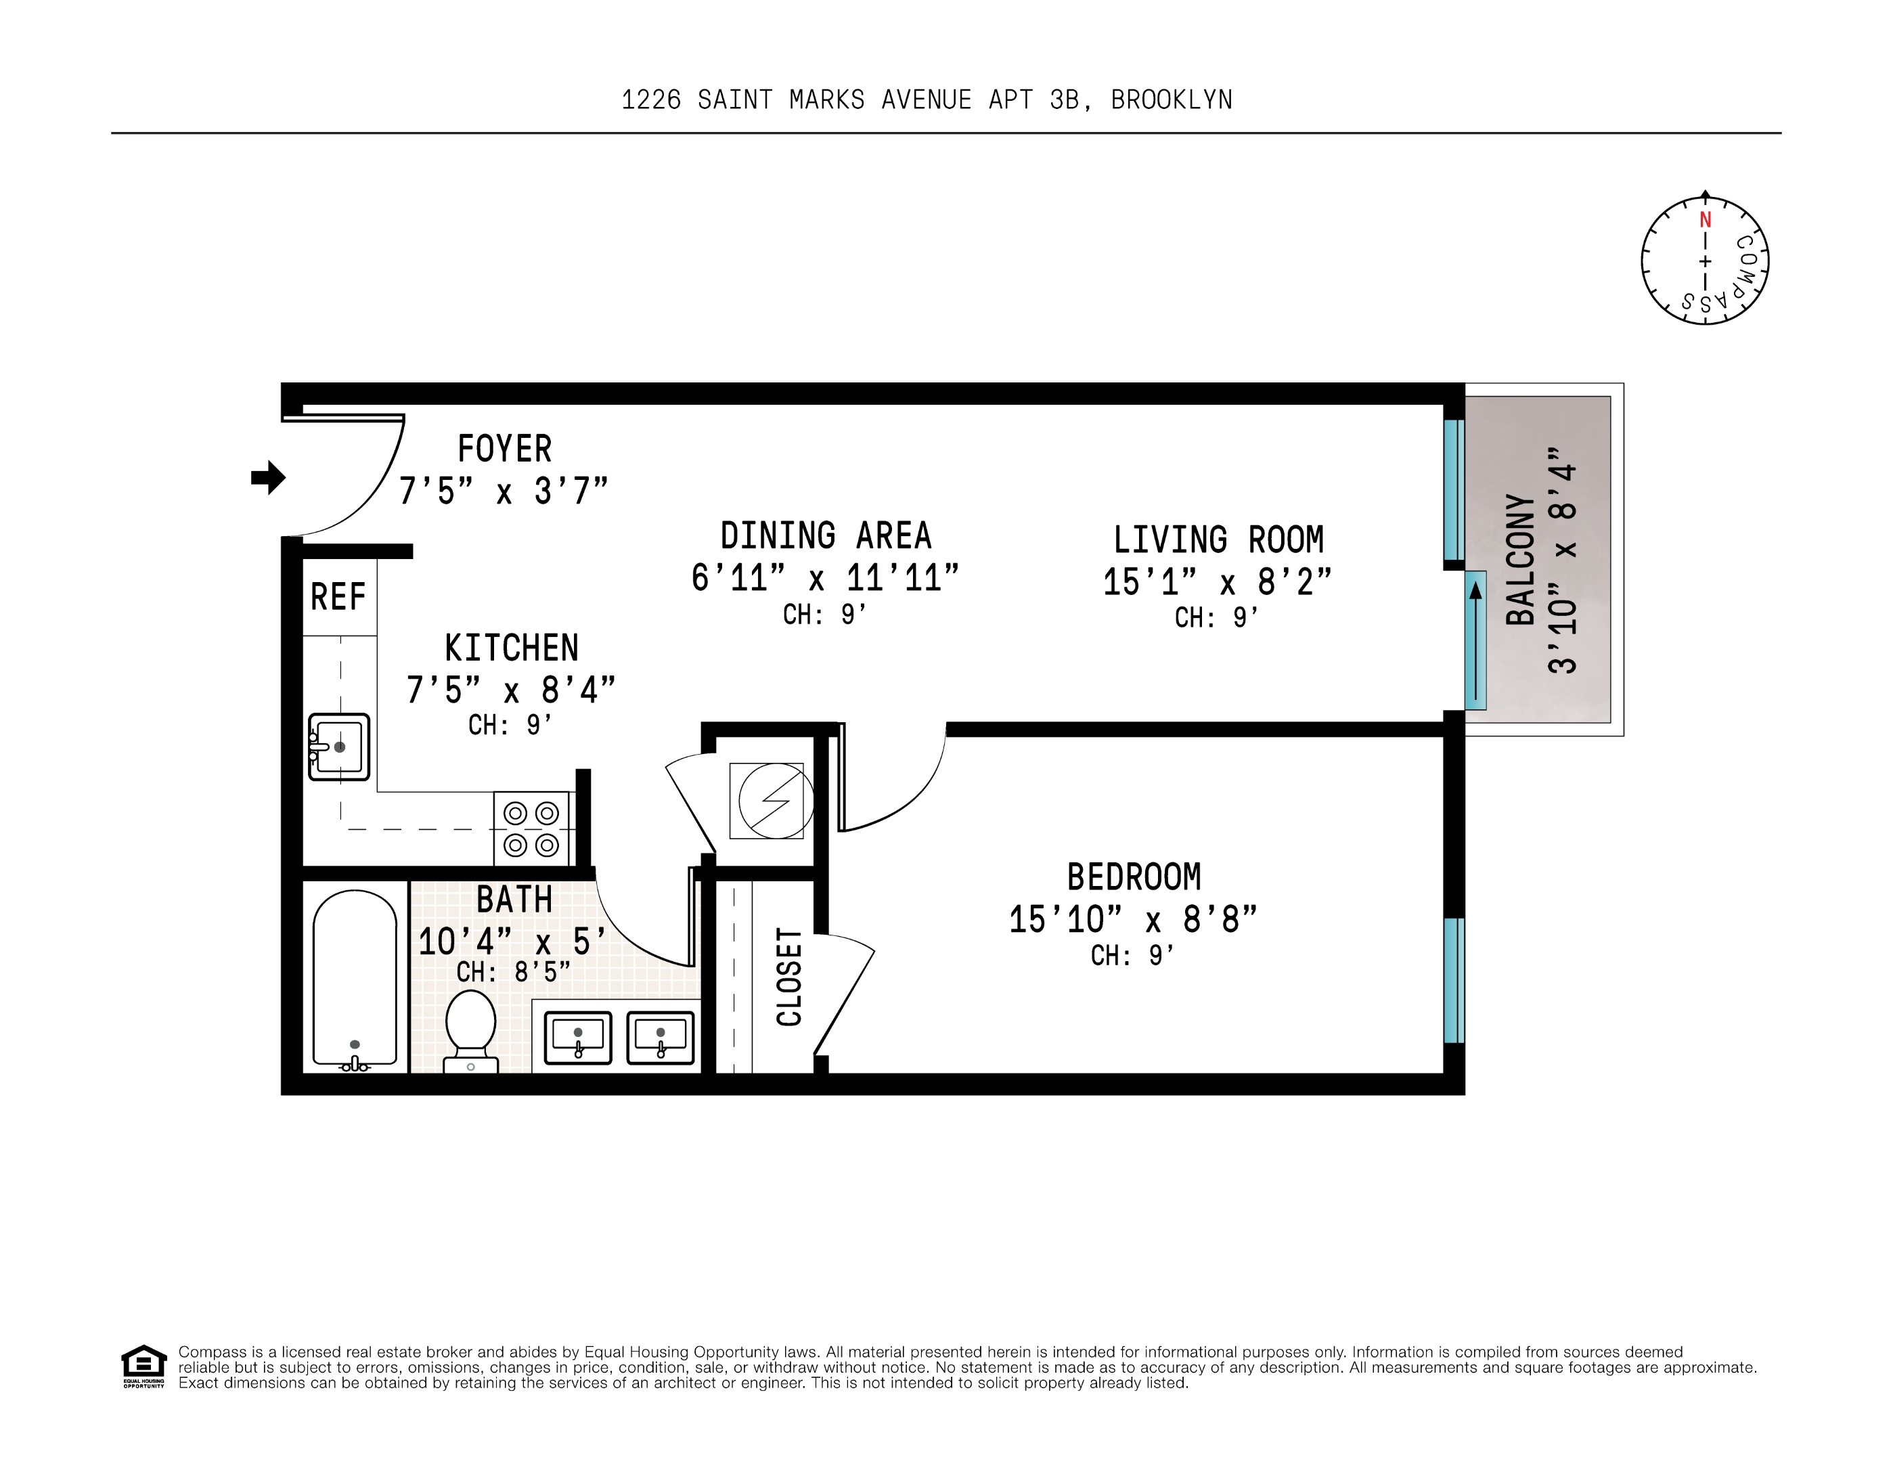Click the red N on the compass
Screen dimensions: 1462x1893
tap(1704, 220)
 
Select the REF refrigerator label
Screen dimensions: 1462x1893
tap(338, 597)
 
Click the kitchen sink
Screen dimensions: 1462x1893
tap(340, 746)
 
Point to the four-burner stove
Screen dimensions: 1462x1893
tap(531, 828)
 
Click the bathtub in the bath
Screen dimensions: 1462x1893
tap(355, 979)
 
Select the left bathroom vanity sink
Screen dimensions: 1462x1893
tap(578, 1038)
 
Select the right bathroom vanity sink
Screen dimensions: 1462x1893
tap(661, 1038)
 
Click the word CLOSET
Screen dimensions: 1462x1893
tap(788, 977)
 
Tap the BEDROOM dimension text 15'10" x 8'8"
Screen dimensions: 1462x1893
tap(1133, 919)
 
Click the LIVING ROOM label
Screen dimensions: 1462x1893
tap(1218, 540)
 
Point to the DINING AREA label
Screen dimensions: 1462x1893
tap(825, 535)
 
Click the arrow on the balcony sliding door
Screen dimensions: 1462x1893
tap(1475, 641)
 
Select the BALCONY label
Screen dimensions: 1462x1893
tap(1520, 560)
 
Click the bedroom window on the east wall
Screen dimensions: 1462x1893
tap(1454, 979)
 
